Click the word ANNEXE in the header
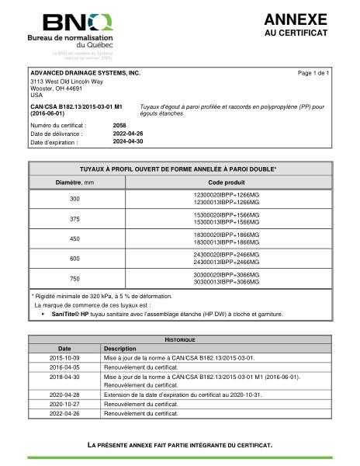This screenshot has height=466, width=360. (296, 19)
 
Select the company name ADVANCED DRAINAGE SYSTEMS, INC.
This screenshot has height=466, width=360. (85, 72)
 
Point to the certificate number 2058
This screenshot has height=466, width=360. (119, 124)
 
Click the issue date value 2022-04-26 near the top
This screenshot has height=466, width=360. (129, 134)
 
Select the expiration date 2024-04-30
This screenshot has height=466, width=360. (129, 142)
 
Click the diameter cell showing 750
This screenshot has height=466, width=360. (74, 278)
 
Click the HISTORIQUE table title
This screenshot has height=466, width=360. (180, 340)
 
